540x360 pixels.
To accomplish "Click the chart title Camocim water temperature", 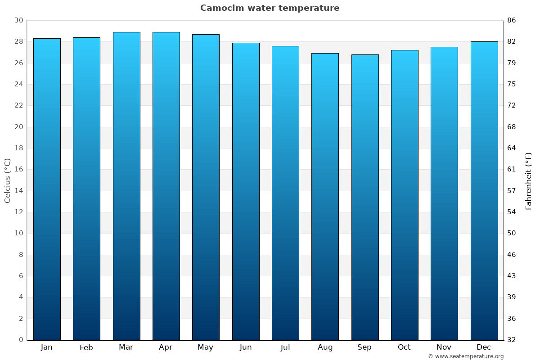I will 270,8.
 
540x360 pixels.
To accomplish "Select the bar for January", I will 47,189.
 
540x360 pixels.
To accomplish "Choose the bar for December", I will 484,191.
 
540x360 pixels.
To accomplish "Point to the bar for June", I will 246,191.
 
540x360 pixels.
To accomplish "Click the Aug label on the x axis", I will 325,347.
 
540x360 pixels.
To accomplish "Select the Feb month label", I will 86,347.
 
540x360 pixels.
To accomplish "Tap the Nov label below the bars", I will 444,347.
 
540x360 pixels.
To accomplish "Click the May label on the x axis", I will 206,347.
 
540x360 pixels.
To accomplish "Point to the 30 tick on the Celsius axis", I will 18,21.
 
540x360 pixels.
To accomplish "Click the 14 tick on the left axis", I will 18,191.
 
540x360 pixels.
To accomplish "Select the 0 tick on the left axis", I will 21,340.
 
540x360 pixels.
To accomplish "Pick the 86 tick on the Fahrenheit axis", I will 512,21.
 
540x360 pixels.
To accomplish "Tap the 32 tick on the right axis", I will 512,340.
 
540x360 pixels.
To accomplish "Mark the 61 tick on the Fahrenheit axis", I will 512,169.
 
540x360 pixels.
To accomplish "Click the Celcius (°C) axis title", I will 8,180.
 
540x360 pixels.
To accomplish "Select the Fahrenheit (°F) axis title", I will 529,180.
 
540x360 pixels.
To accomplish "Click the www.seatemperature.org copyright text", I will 466,356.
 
